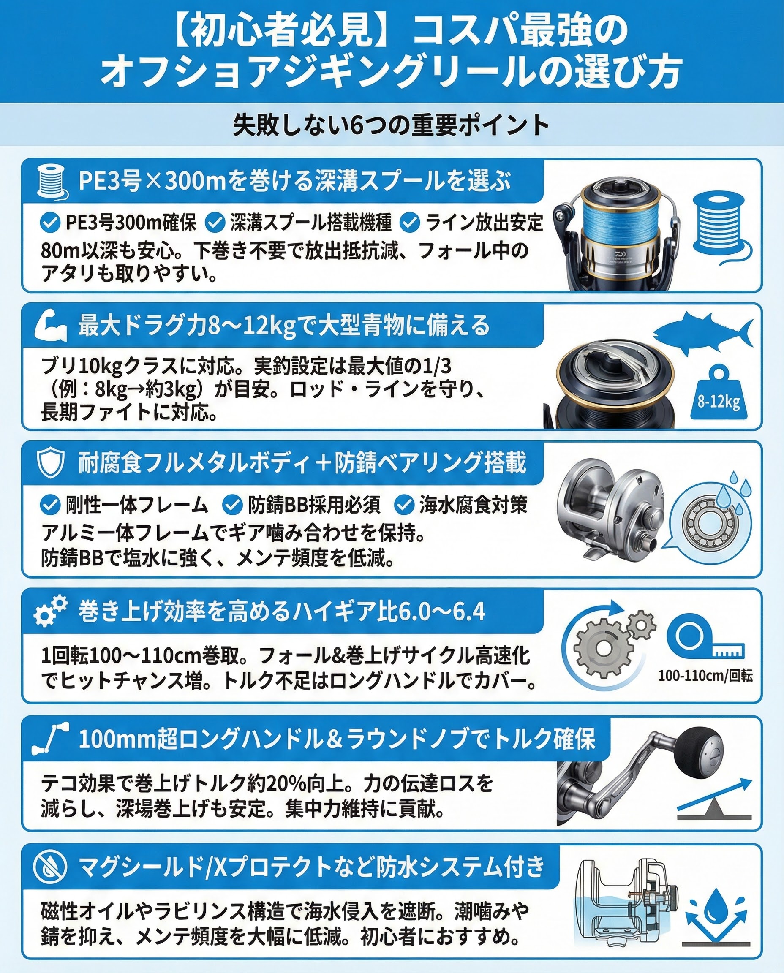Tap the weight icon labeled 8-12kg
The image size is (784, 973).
[x=719, y=394]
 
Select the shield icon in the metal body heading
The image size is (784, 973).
[x=50, y=463]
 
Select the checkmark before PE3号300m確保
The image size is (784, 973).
[x=50, y=223]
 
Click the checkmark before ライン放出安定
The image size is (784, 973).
[x=410, y=223]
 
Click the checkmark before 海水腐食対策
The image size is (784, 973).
[x=404, y=505]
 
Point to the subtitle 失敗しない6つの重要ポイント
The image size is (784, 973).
[x=391, y=125]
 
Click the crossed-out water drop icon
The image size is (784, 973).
[x=50, y=867]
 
